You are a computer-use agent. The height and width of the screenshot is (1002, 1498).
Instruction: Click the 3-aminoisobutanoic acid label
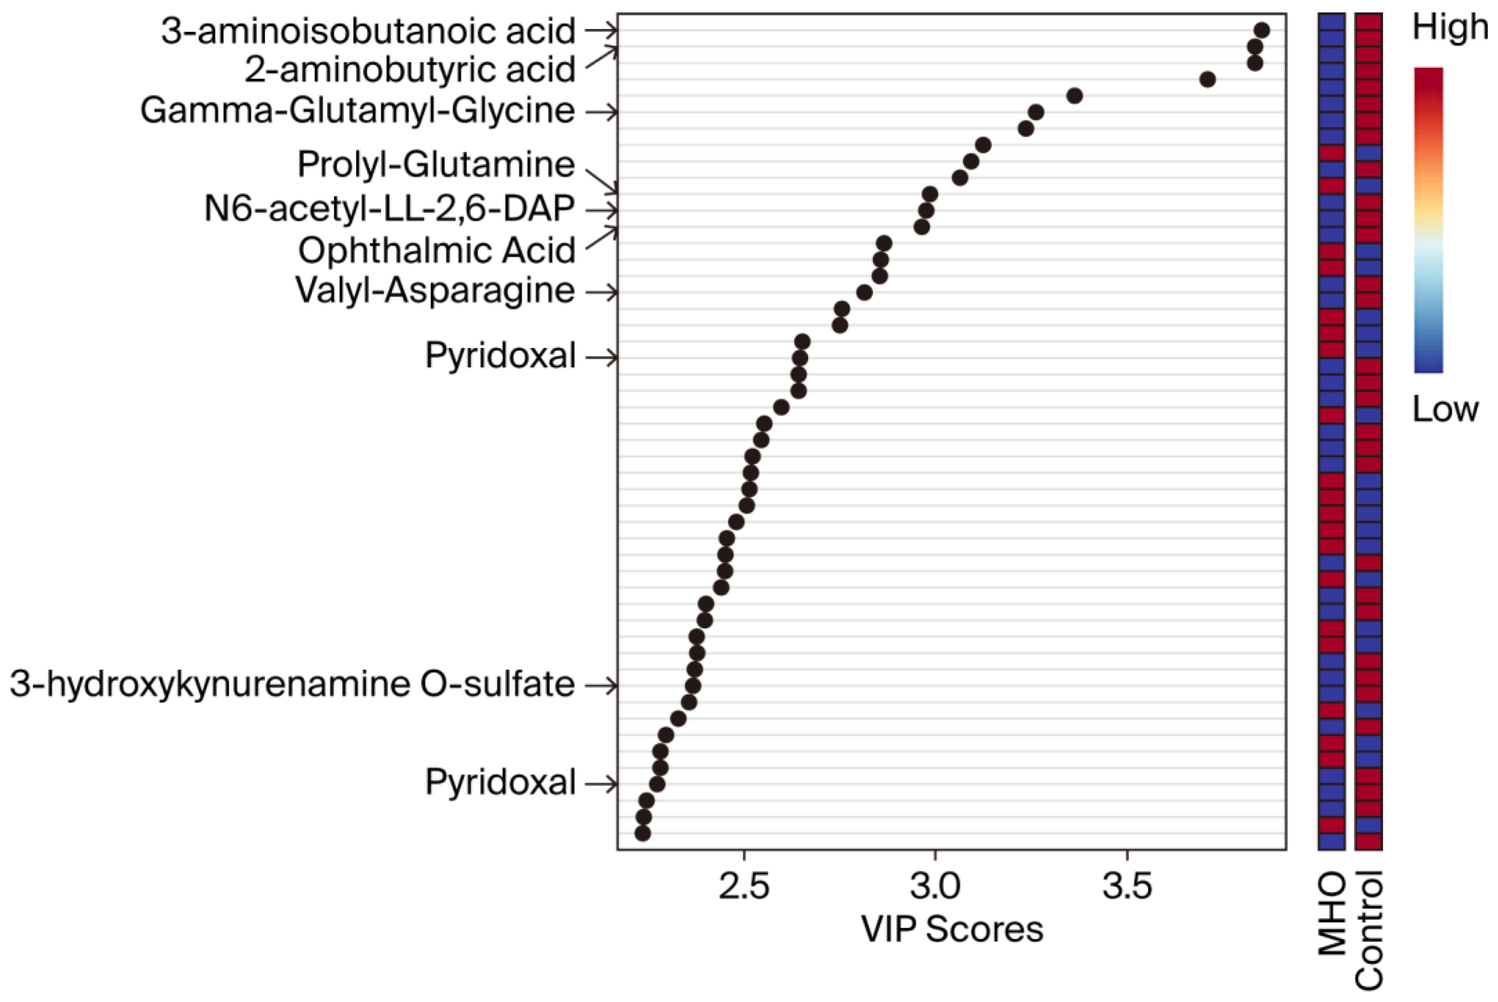(x=368, y=31)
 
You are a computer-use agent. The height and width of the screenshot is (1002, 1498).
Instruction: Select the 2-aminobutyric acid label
(x=409, y=69)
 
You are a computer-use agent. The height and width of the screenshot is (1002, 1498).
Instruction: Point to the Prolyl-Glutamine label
(x=435, y=164)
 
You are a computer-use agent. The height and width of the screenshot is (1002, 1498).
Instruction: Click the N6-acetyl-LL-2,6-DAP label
(x=389, y=208)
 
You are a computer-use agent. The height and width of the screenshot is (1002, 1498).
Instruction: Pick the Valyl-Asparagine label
(x=435, y=291)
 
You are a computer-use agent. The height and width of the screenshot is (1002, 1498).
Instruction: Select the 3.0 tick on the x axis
(x=935, y=887)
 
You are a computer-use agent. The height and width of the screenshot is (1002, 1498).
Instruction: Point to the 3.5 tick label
(x=1127, y=887)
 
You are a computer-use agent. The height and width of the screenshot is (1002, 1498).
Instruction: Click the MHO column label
(x=1332, y=914)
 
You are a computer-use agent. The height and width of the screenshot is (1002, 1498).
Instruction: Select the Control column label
(x=1369, y=930)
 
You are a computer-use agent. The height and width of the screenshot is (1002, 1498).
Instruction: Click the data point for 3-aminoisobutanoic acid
(x=1261, y=30)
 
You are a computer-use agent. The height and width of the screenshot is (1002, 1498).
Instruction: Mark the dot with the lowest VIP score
(x=642, y=833)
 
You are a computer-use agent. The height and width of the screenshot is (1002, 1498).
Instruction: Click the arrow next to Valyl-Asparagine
(x=602, y=292)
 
